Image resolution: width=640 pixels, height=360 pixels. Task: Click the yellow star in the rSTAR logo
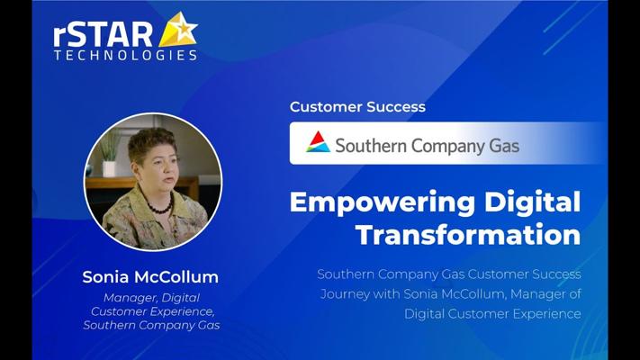[x=179, y=30]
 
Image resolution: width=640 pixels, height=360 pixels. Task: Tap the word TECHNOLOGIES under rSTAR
[x=126, y=56]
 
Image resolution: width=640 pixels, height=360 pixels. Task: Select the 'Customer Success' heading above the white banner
[x=357, y=107]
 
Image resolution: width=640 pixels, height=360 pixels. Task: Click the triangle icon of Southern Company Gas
[x=318, y=141]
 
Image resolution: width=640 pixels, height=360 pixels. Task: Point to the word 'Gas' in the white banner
[x=504, y=146]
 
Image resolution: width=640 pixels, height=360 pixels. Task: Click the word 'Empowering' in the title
[x=383, y=203]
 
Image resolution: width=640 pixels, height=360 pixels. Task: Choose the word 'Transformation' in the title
[x=469, y=235]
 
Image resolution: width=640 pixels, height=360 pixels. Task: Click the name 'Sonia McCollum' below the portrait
[x=150, y=277]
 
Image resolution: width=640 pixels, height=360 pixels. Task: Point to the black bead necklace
[x=161, y=206]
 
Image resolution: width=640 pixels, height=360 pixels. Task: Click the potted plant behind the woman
[x=109, y=154]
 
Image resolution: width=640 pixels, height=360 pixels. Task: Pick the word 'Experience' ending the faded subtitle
[x=547, y=314]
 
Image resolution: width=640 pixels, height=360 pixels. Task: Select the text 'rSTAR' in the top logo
[x=104, y=35]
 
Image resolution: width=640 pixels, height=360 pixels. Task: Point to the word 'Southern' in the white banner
[x=371, y=146]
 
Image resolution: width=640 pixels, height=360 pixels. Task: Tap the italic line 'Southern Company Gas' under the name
[x=151, y=325]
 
